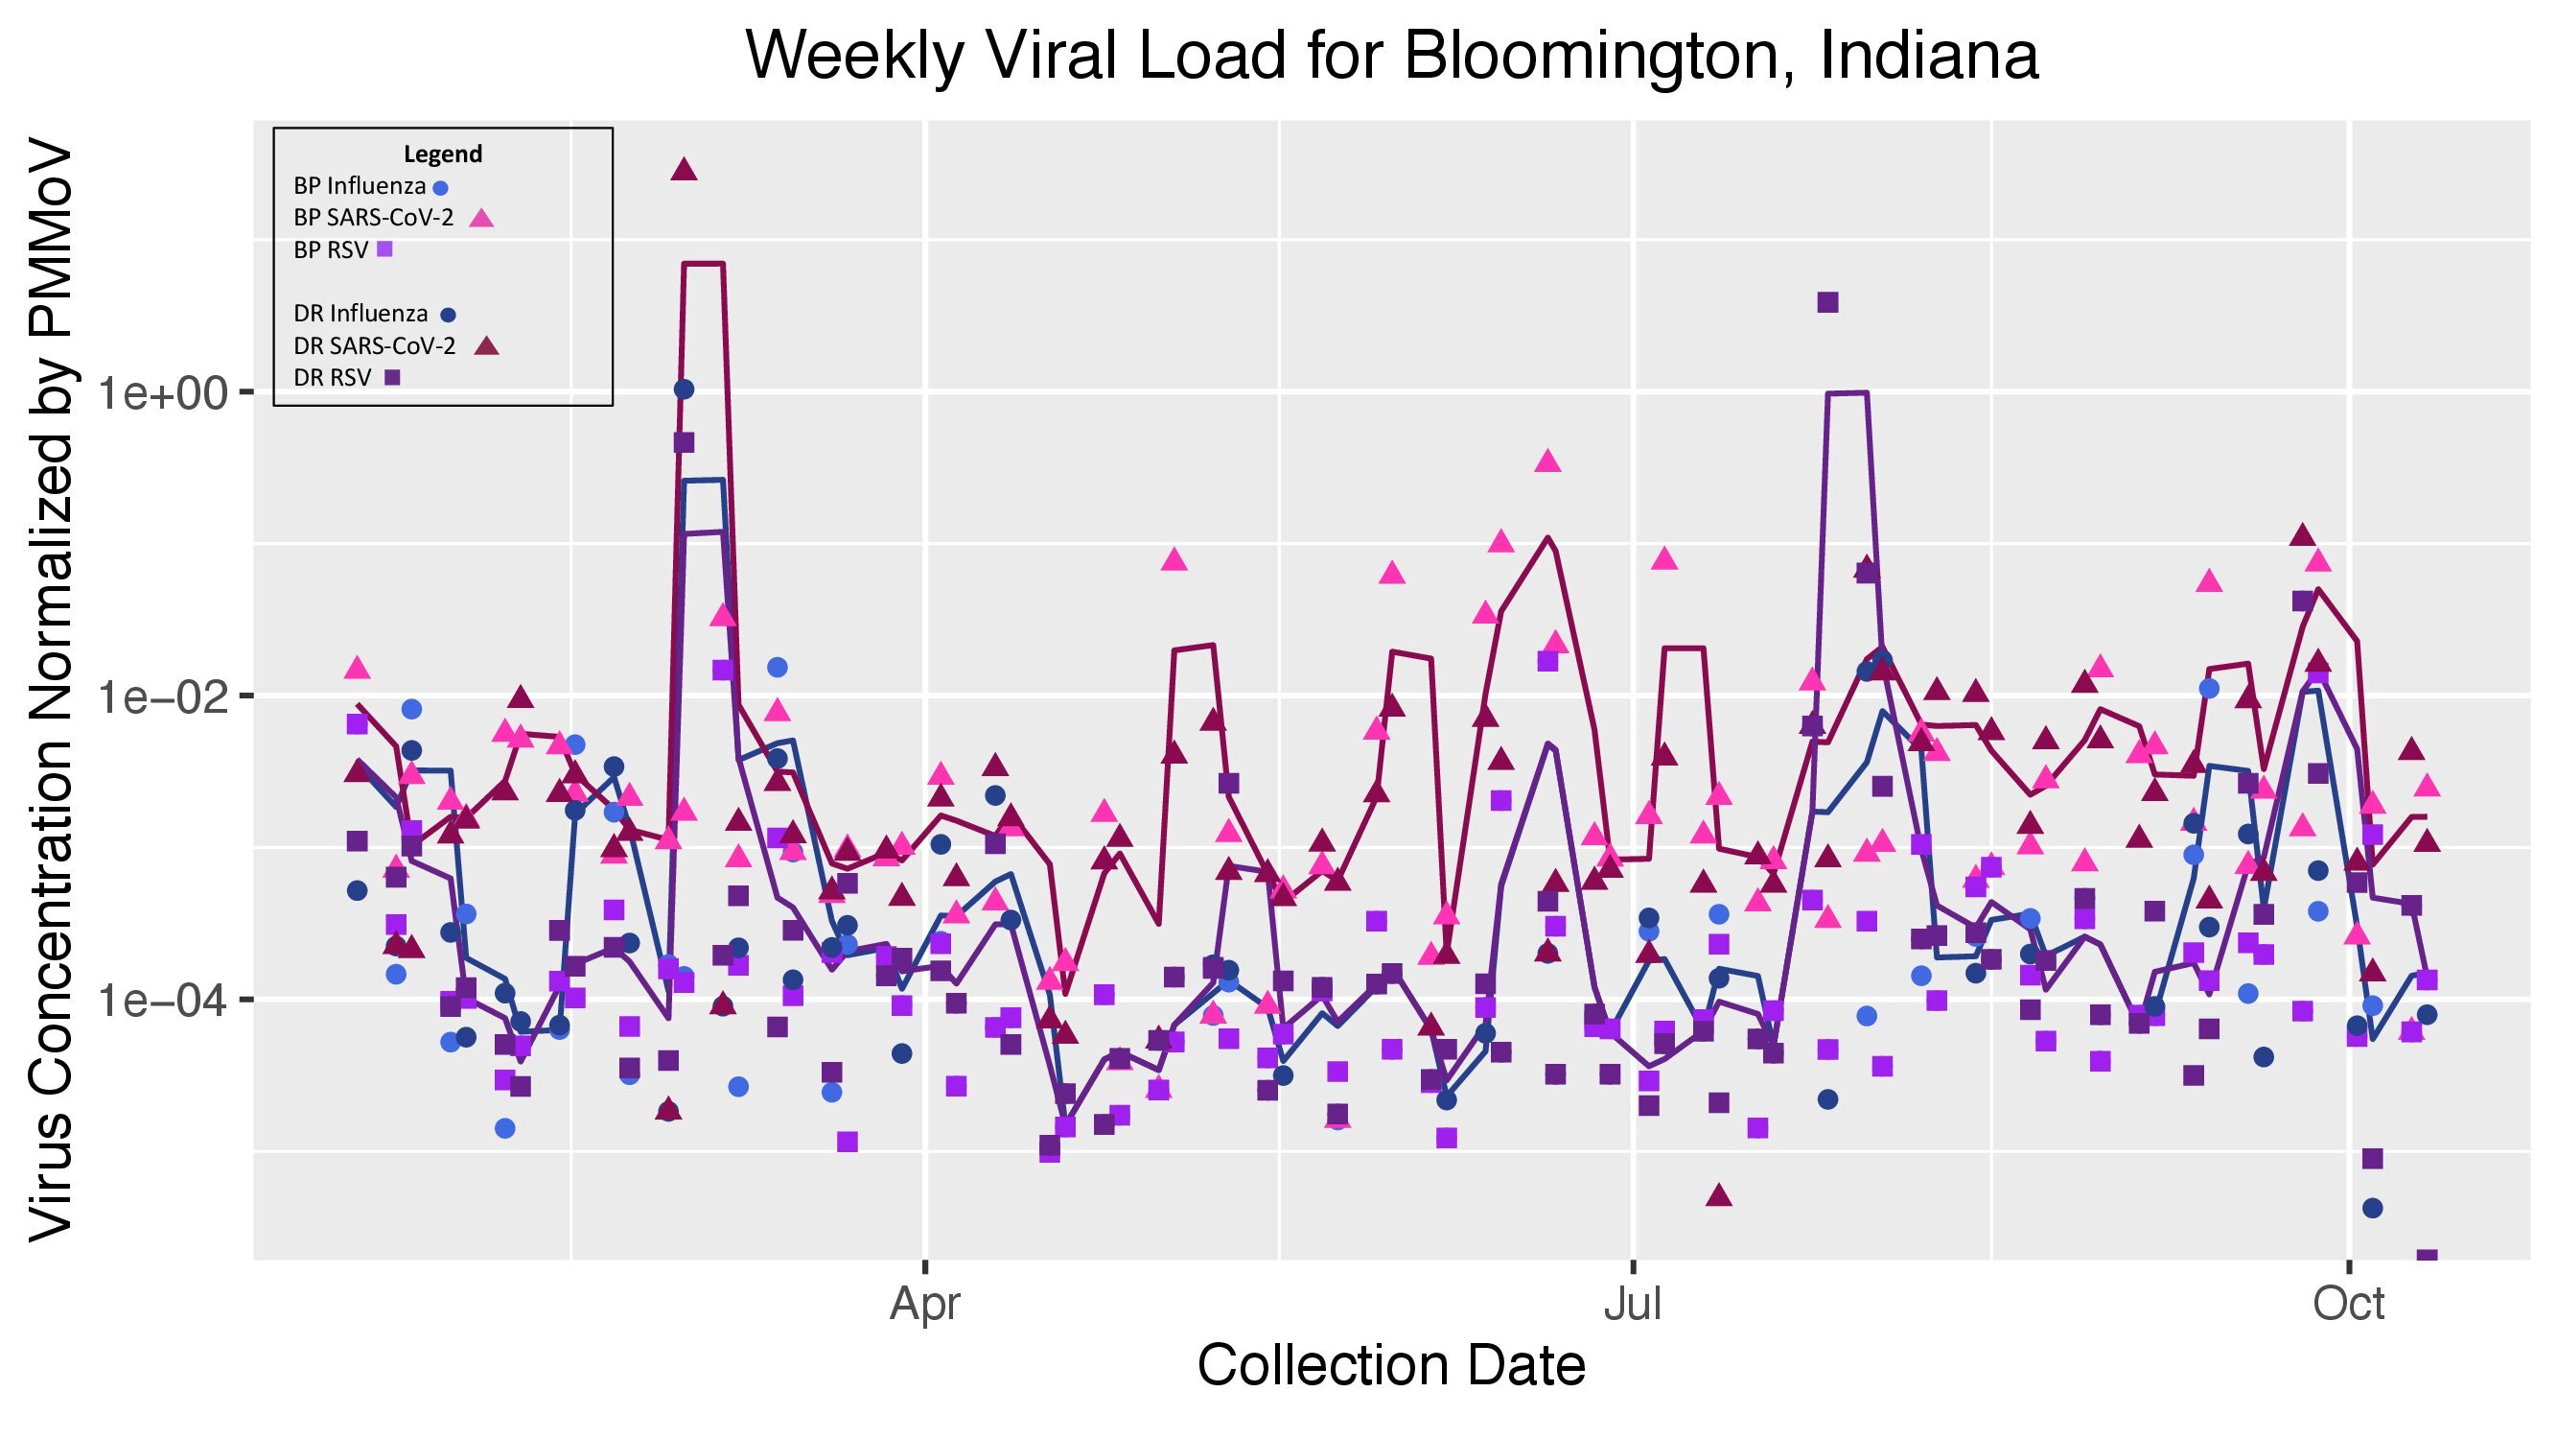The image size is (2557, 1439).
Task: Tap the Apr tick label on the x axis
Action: coord(925,1303)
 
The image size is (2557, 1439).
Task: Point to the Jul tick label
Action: coord(1633,1303)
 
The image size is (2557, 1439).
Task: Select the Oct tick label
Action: coord(2348,1303)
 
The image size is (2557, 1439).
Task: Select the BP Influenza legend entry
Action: coord(360,187)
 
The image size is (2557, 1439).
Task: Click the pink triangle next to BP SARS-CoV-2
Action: coord(481,218)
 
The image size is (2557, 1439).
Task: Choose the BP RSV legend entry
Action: coord(332,250)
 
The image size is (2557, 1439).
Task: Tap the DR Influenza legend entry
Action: coord(361,314)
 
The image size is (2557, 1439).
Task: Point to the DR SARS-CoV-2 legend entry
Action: coord(375,345)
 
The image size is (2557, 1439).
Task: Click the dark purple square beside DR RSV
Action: coord(392,377)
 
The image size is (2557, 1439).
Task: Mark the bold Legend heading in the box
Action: coord(443,153)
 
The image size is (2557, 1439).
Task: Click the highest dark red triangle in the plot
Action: coord(684,170)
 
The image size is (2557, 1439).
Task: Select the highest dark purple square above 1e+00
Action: coord(1827,302)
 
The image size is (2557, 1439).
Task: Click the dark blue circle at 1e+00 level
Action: coord(684,389)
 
